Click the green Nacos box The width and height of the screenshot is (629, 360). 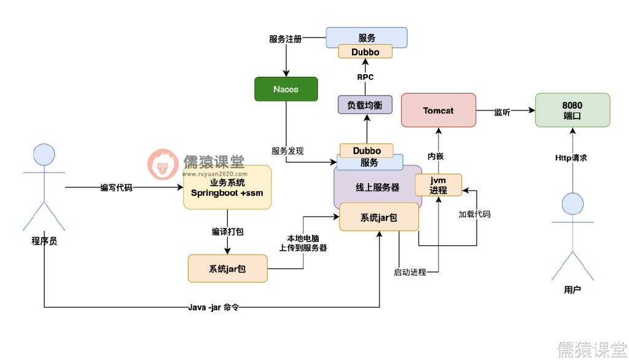click(286, 89)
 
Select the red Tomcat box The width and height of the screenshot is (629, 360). click(438, 111)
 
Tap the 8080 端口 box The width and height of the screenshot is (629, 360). click(572, 110)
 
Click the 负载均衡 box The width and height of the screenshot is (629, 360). click(365, 104)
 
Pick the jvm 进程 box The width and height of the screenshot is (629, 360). click(438, 185)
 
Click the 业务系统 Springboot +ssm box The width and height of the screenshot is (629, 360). click(227, 187)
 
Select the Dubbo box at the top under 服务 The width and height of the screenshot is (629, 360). click(365, 52)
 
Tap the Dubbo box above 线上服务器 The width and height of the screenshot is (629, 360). click(367, 151)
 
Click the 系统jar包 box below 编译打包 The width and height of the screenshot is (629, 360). click(227, 268)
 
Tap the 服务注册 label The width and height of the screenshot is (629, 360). click(286, 39)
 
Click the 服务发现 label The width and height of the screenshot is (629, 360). click(287, 151)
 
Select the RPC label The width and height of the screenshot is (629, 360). click(365, 77)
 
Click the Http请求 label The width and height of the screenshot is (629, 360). click(571, 158)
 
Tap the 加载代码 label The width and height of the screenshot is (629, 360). click(474, 214)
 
